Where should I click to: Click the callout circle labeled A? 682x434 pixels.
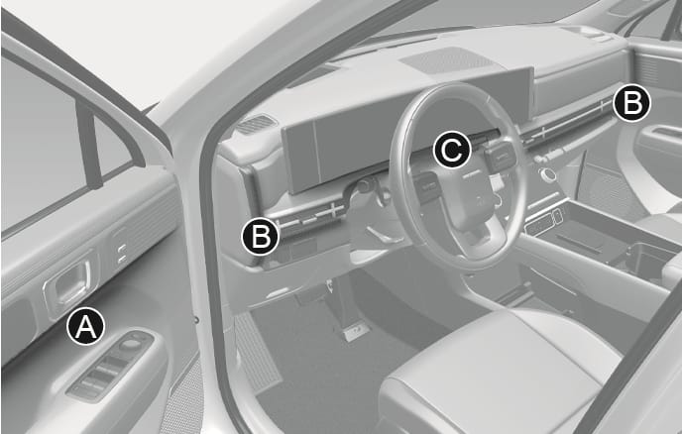85,326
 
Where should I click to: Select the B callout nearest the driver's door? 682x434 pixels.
260,236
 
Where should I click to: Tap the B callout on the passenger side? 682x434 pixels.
631,104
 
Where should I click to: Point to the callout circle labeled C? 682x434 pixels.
452,150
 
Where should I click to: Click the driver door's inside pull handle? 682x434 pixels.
68,283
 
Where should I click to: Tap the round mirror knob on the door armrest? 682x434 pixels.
129,344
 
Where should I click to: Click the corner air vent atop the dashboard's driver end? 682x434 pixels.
256,124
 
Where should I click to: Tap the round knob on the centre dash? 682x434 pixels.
547,174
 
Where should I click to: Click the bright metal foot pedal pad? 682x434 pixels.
356,333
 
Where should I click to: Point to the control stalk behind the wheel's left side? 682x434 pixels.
365,188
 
